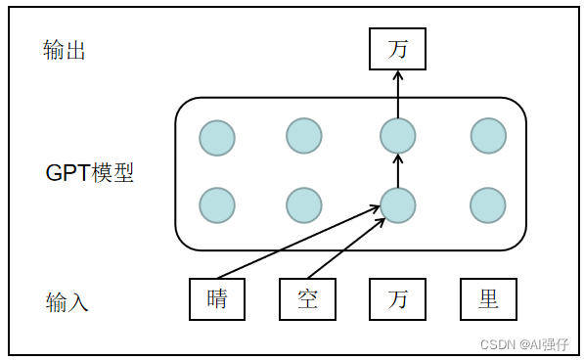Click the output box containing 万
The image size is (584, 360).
point(397,49)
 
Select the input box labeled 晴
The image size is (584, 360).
point(217,299)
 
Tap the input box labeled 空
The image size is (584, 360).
point(307,299)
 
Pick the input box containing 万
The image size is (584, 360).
point(397,299)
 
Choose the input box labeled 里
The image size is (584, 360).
point(488,299)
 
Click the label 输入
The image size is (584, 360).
point(67,302)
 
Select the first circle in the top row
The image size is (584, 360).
point(217,137)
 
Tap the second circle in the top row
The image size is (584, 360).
point(304,137)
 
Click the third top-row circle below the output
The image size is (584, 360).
point(397,137)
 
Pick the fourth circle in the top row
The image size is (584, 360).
point(488,137)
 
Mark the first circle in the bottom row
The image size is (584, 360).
point(217,205)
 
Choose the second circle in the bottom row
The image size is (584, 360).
point(304,205)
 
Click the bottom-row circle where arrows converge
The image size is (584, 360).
point(397,205)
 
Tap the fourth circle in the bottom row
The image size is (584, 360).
point(488,205)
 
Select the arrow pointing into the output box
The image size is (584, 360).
point(397,95)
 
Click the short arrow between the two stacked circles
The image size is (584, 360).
point(397,170)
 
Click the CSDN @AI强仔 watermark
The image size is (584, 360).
point(528,343)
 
